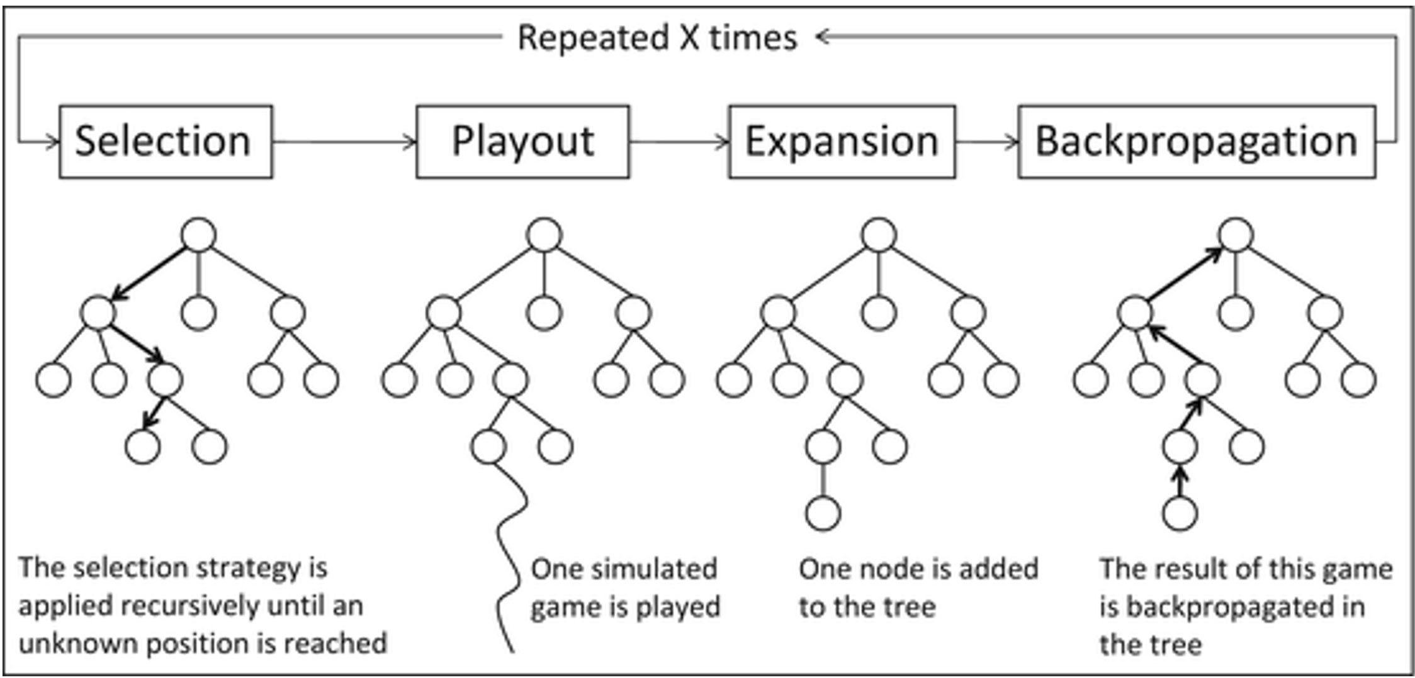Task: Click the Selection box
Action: [x=166, y=142]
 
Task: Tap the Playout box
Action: [x=522, y=142]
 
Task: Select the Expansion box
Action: [x=842, y=142]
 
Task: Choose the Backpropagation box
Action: [x=1197, y=142]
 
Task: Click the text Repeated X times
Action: [x=657, y=37]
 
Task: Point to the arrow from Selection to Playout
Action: [x=344, y=142]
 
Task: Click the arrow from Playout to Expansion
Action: [x=679, y=142]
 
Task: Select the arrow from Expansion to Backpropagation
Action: [x=986, y=142]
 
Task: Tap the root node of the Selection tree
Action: [x=199, y=235]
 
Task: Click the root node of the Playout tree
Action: [x=544, y=235]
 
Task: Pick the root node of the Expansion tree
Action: [x=879, y=235]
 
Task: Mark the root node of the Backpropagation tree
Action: [x=1236, y=235]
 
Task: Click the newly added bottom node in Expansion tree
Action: [x=823, y=513]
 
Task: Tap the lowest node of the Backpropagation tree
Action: [x=1180, y=513]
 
